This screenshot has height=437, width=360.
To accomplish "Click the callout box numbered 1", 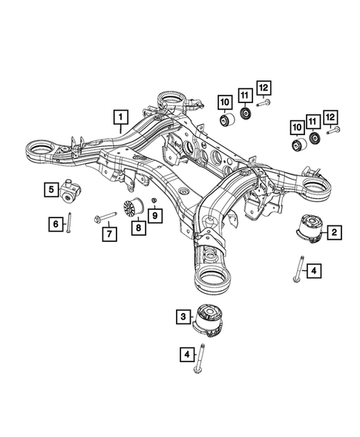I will [119, 116].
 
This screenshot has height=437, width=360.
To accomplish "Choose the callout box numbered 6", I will [54, 222].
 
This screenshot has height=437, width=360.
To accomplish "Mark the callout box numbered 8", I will [136, 228].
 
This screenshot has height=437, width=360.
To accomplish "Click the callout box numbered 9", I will [155, 215].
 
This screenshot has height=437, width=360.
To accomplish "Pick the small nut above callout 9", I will [154, 202].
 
